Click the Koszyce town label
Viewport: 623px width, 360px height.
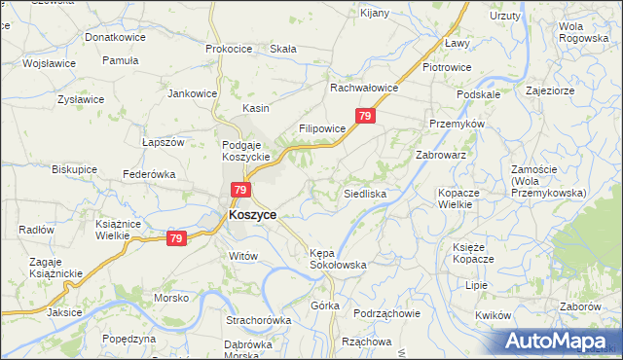point(252,215)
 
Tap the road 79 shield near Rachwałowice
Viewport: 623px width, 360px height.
point(364,117)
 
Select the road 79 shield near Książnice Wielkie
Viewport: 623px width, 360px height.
point(176,238)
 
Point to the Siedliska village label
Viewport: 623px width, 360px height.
point(365,195)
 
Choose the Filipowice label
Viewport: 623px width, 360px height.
point(322,128)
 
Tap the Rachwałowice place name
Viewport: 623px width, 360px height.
point(365,88)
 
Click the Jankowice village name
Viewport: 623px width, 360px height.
point(192,94)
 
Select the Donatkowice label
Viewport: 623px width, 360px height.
point(115,37)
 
